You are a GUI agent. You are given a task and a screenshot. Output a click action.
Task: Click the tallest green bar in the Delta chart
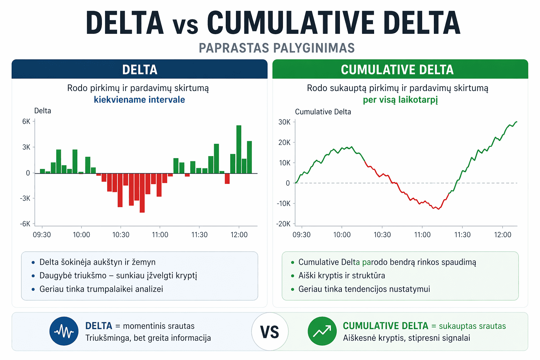pos(239,149)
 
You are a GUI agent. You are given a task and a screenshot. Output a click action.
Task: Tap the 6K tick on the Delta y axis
pos(26,122)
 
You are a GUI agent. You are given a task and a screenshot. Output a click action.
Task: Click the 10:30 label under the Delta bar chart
pos(121,235)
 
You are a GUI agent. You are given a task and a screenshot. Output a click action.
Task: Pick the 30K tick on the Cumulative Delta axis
pos(284,122)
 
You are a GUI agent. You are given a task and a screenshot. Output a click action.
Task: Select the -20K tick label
pos(284,224)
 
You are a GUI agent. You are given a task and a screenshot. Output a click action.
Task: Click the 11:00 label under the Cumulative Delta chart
pos(422,235)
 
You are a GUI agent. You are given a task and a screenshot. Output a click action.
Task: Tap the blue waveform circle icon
pos(64,331)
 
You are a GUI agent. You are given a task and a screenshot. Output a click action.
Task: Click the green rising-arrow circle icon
pos(322,331)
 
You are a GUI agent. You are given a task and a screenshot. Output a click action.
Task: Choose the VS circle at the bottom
pos(270,332)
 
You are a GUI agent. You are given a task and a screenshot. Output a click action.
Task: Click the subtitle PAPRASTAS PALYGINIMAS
pos(277,48)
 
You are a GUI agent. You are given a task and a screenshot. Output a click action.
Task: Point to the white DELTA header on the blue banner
pos(140,70)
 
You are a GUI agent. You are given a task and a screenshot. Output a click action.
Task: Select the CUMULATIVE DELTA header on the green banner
pos(397,70)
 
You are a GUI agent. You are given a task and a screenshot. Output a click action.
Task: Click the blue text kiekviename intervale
pos(139,100)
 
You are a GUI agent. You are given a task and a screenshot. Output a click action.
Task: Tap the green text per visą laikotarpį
pos(400,100)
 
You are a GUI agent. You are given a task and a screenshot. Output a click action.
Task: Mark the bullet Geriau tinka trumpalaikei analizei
pos(101,289)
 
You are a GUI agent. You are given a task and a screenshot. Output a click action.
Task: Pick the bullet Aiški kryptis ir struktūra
pos(342,276)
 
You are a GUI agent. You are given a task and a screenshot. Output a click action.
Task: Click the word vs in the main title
pos(185,25)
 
